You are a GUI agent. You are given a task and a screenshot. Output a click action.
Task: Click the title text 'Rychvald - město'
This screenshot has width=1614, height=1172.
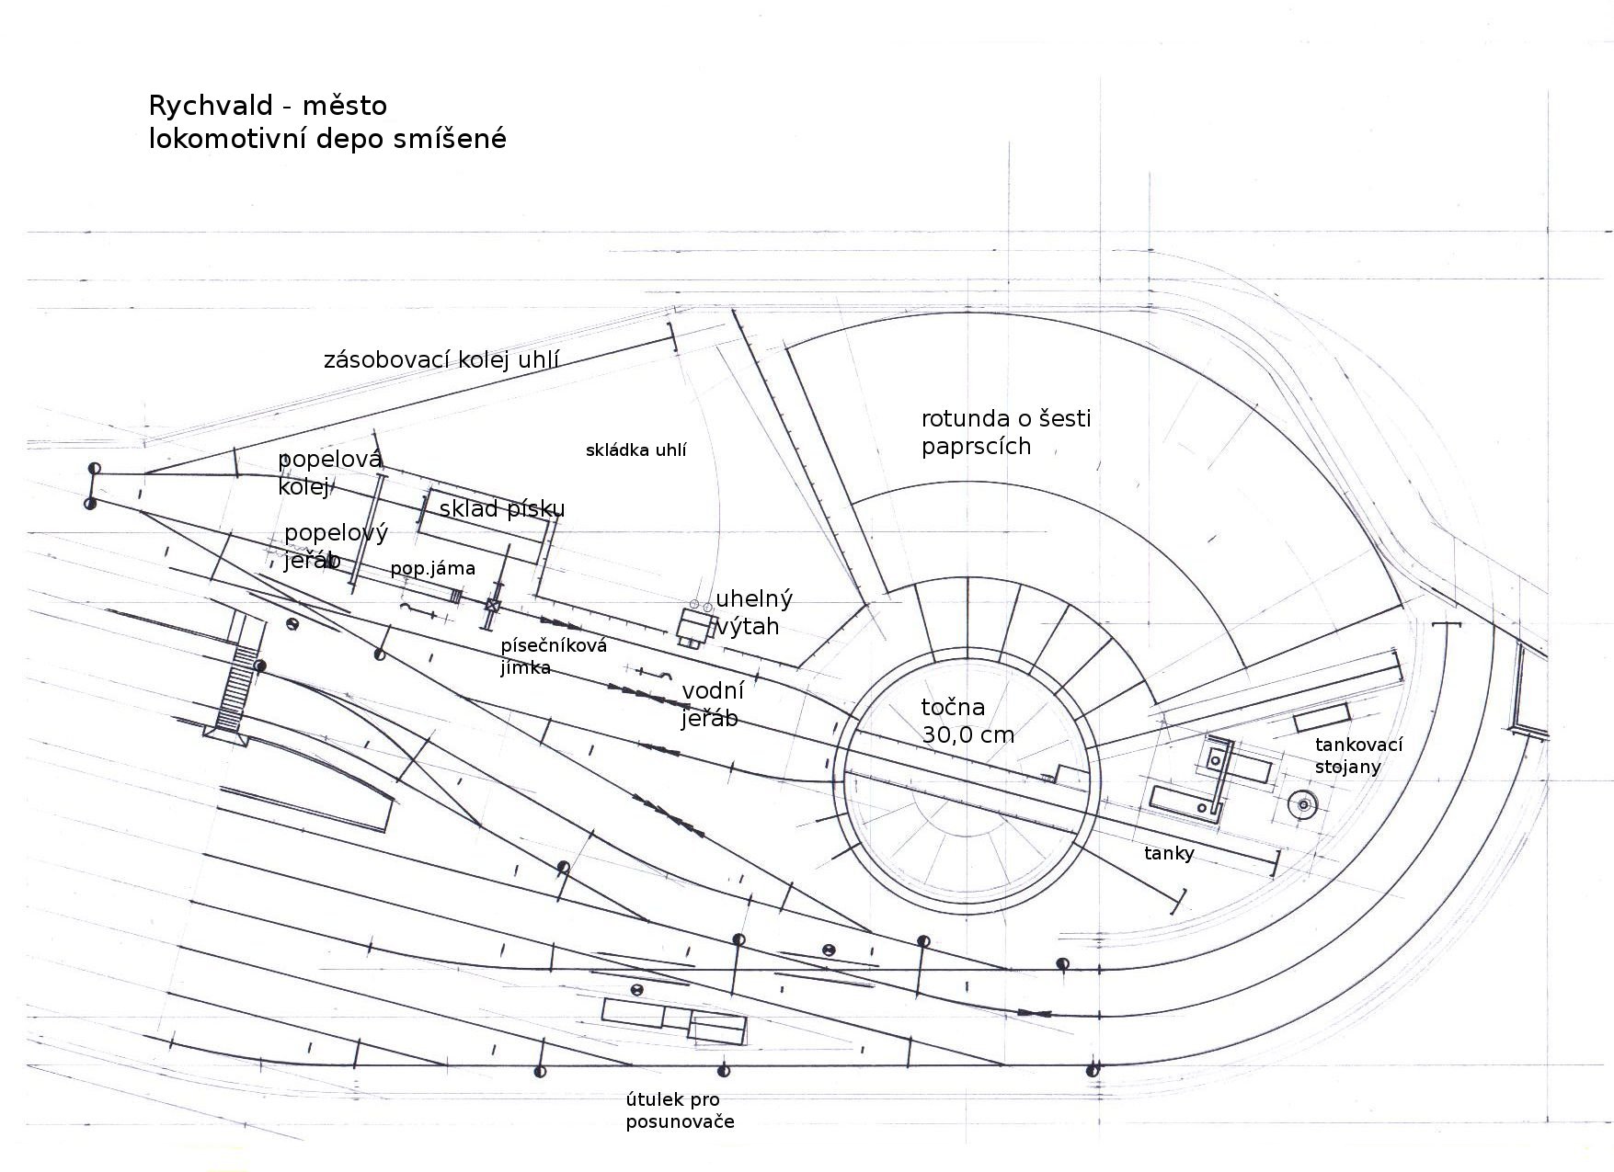tap(268, 106)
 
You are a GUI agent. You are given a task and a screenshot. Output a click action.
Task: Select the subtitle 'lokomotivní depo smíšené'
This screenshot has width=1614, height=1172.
tap(327, 139)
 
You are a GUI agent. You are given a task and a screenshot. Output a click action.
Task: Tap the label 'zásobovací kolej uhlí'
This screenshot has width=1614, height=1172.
tap(441, 359)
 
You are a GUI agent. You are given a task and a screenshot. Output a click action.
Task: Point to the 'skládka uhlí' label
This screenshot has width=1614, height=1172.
tap(636, 450)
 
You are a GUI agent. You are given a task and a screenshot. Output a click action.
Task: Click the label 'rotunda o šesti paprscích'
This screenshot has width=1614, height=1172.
tap(1005, 433)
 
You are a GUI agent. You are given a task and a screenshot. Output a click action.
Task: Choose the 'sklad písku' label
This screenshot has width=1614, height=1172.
tap(502, 508)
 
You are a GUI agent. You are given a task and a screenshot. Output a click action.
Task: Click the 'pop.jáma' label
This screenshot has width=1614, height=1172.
tap(432, 569)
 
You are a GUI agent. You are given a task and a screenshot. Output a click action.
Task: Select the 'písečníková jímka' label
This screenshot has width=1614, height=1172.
tap(554, 656)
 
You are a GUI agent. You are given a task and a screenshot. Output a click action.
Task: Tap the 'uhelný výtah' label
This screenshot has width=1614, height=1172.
tap(753, 612)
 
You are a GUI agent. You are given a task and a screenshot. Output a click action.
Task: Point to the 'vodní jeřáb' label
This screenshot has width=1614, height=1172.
tap(713, 703)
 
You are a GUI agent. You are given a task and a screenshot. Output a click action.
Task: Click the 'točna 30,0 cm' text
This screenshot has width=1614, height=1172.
tap(967, 721)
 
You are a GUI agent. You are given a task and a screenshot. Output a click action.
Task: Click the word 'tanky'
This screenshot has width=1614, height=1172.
tap(1169, 854)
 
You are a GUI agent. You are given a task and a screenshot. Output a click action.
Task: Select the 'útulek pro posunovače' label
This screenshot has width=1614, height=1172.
tap(680, 1110)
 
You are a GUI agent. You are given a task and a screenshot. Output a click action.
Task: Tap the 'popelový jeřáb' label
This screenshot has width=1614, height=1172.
tap(335, 546)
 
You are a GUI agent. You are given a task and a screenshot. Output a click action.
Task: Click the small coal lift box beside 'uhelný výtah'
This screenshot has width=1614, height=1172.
tap(694, 626)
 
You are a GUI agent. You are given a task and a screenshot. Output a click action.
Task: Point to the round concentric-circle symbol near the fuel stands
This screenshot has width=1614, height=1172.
tap(1302, 804)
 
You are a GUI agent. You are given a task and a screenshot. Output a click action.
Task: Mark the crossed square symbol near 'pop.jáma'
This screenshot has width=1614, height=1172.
tap(493, 606)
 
